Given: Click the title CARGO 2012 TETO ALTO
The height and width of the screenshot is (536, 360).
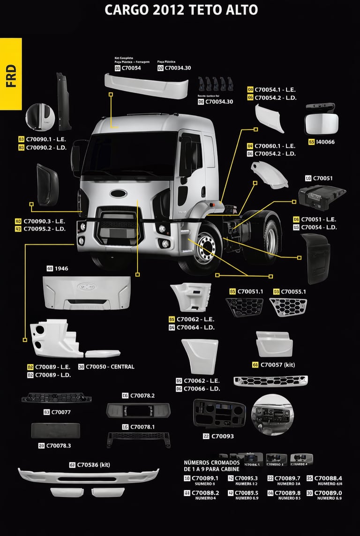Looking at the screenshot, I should click(181, 10).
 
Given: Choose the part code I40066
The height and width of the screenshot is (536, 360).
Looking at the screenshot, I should click(325, 142).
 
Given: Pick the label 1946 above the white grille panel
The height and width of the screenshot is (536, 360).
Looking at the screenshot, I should click(61, 269).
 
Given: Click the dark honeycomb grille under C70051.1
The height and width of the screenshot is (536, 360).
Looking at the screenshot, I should click(244, 307).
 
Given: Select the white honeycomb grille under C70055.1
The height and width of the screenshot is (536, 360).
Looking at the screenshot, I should click(288, 307).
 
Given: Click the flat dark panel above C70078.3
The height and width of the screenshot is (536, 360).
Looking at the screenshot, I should click(55, 430).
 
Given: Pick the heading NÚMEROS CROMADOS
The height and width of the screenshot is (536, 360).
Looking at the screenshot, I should click(212, 463).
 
